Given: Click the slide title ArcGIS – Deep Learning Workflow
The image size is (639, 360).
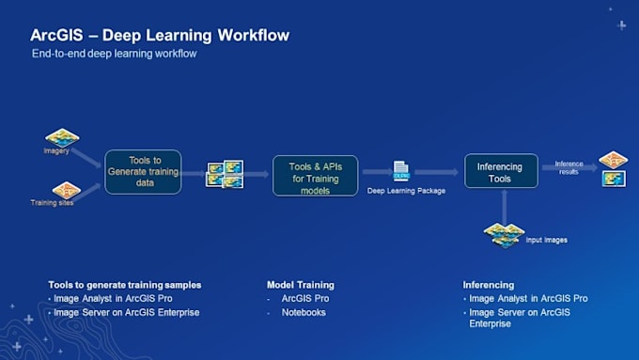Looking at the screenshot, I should point(160,36).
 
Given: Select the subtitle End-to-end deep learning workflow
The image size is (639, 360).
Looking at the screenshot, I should point(115,55).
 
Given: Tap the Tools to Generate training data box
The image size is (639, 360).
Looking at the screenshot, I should point(142,173).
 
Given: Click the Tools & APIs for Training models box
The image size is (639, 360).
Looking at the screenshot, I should point(315,173).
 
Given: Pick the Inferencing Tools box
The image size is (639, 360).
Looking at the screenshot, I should point(501,171).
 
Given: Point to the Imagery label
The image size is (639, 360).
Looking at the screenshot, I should point(56,151).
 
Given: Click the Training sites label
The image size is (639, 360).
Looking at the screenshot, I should point(50,203).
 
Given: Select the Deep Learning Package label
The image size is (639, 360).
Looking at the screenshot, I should point(406,192).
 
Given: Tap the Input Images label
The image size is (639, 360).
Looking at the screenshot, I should point(546,240).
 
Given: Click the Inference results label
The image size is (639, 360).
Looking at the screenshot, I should point(569,167).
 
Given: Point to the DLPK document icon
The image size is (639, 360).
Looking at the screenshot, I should point(401,171).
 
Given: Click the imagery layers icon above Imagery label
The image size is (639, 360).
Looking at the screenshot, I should point(62,137).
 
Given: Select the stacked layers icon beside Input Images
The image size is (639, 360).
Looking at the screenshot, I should point(504,235).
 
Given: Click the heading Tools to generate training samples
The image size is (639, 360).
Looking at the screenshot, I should point(124,285).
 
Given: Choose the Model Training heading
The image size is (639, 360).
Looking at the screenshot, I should point(301,285).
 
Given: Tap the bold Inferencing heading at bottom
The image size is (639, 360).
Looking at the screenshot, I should point(489,285).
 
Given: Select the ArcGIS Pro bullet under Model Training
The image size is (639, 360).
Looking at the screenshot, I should point(304,299).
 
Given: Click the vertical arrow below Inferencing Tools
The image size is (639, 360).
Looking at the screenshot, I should point(505,206).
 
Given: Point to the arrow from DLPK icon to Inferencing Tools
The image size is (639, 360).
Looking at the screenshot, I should point(436,172).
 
